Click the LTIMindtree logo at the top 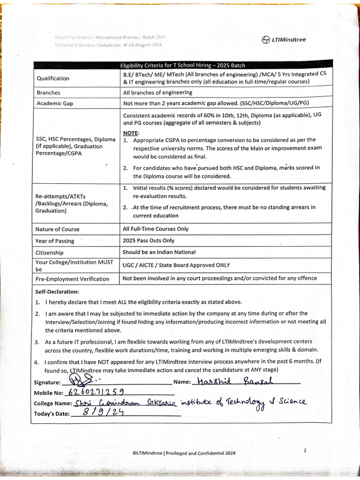[284, 39]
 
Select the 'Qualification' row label [53, 78]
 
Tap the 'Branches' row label [48, 93]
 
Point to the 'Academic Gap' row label [55, 104]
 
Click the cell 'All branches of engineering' [157, 93]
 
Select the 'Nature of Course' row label [58, 229]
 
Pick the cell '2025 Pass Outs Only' [149, 240]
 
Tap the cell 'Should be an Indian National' [159, 252]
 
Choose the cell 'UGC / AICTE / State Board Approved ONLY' [176, 265]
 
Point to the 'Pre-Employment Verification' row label [72, 279]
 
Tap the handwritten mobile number [96, 392]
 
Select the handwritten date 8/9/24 [100, 412]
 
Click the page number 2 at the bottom [305, 450]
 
